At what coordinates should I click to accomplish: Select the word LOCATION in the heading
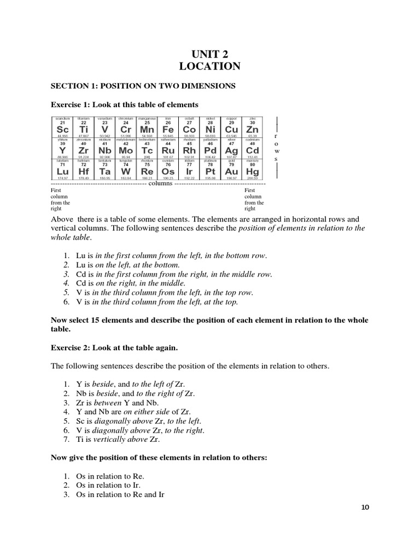pyautogui.click(x=209, y=67)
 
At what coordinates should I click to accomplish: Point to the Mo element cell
pyautogui.click(x=126, y=149)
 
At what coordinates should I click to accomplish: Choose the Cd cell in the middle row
pyautogui.click(x=253, y=149)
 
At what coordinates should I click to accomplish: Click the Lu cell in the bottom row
pyautogui.click(x=62, y=170)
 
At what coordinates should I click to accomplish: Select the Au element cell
pyautogui.click(x=231, y=170)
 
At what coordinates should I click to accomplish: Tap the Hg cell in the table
pyautogui.click(x=253, y=170)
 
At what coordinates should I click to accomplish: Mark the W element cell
pyautogui.click(x=126, y=170)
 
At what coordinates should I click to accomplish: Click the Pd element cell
pyautogui.click(x=211, y=149)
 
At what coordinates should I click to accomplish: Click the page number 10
pyautogui.click(x=365, y=507)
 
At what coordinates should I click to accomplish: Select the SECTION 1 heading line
pyautogui.click(x=143, y=86)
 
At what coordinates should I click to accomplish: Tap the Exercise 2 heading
pyautogui.click(x=114, y=347)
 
